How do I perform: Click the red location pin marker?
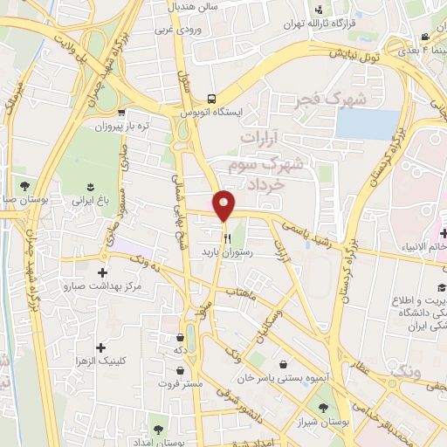[x=224, y=205]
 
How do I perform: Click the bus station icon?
[x=210, y=99]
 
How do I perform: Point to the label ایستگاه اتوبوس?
[x=210, y=113]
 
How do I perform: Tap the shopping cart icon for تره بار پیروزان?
[x=121, y=113]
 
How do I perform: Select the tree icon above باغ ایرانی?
[x=90, y=186]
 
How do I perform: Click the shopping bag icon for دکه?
[x=180, y=335]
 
